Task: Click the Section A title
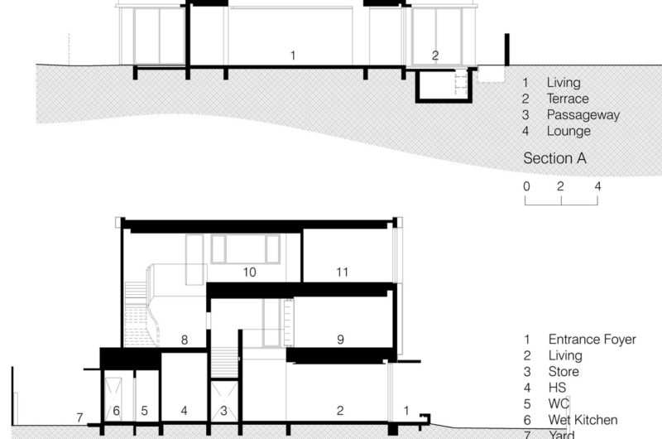[x=554, y=159]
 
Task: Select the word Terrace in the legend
[x=568, y=99]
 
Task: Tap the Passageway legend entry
[x=583, y=115]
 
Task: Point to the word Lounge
[x=568, y=131]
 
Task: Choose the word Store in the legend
[x=564, y=372]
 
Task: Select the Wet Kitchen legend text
[x=583, y=420]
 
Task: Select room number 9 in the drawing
[x=340, y=339]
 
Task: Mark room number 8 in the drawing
[x=185, y=339]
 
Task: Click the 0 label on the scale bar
[x=526, y=186]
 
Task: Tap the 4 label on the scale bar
[x=597, y=186]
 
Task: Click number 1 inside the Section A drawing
[x=292, y=55]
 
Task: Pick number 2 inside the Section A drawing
[x=435, y=55]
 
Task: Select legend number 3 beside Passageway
[x=525, y=115]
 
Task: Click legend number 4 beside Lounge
[x=525, y=131]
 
